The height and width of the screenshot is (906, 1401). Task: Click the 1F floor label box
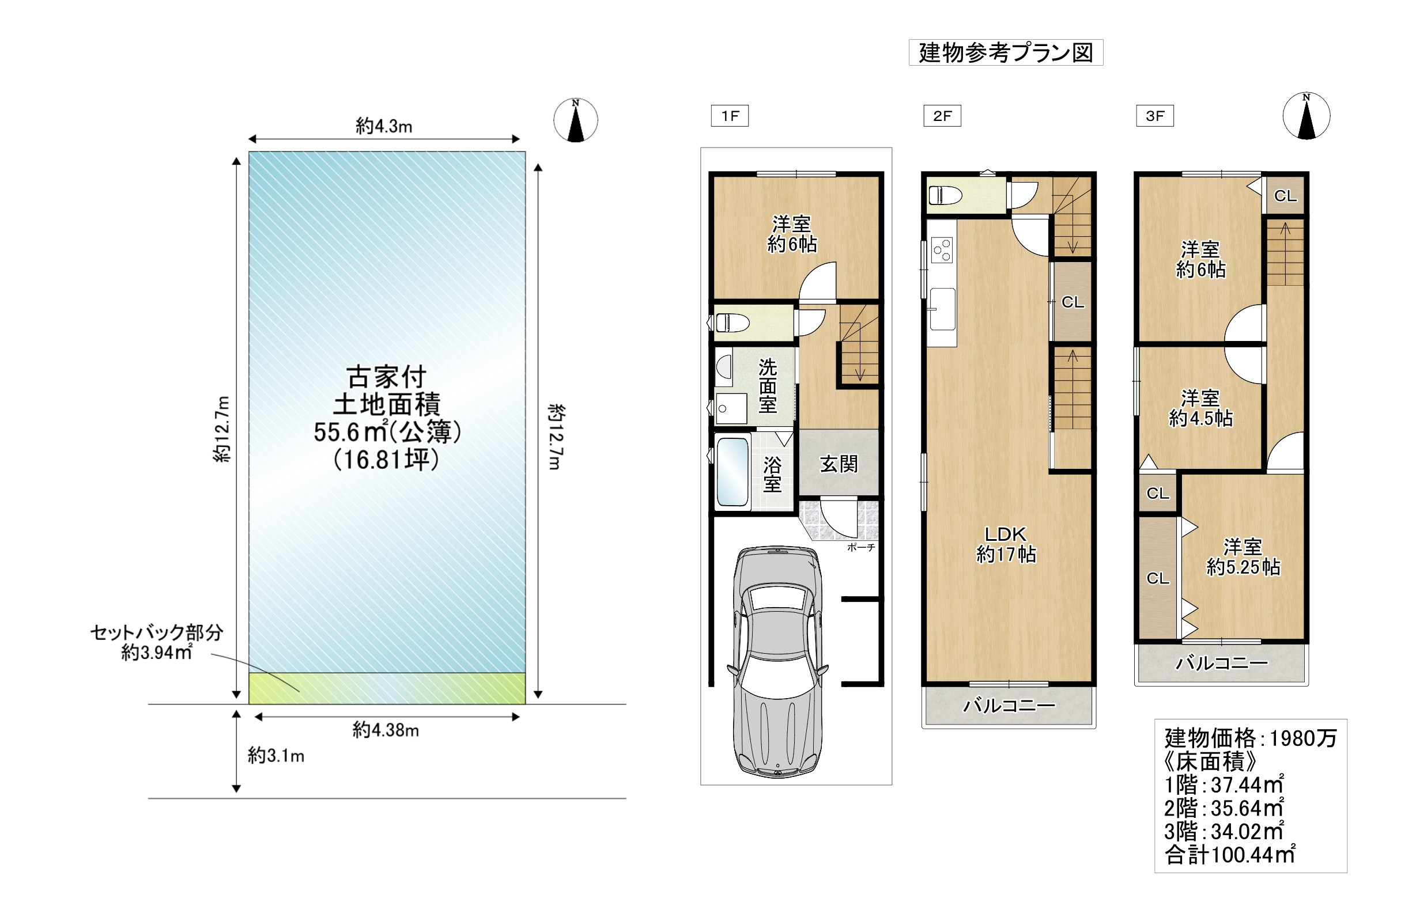click(730, 116)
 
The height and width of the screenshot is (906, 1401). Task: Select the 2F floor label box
click(942, 116)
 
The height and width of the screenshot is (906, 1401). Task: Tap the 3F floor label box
click(1154, 116)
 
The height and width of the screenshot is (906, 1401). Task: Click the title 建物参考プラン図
click(1006, 52)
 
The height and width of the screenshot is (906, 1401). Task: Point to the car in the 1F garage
click(777, 661)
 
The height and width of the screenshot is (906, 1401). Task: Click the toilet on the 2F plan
click(945, 195)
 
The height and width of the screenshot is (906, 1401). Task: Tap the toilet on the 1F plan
click(732, 323)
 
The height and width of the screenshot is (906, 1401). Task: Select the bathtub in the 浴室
click(733, 472)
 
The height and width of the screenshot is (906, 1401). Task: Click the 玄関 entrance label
click(839, 464)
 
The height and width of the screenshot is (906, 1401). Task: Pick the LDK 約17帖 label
click(1006, 544)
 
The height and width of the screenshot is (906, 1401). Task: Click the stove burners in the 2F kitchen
click(942, 249)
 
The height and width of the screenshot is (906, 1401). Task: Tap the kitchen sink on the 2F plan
click(942, 309)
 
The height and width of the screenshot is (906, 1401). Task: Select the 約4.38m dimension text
click(386, 730)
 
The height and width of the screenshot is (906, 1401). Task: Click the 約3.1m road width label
click(275, 756)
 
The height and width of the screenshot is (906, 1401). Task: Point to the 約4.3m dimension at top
click(384, 126)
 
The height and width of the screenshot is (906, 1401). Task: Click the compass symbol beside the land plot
click(576, 120)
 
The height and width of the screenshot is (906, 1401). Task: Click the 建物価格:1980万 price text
click(1251, 738)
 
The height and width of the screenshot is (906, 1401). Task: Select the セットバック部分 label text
click(157, 633)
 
